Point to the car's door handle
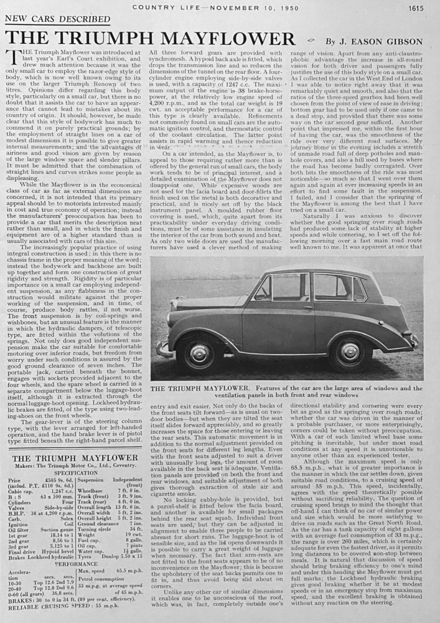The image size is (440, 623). tap(307, 307)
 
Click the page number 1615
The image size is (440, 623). tap(414, 7)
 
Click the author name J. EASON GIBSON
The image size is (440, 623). tap(384, 42)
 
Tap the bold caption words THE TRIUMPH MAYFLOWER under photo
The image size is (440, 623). tap(198, 388)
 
